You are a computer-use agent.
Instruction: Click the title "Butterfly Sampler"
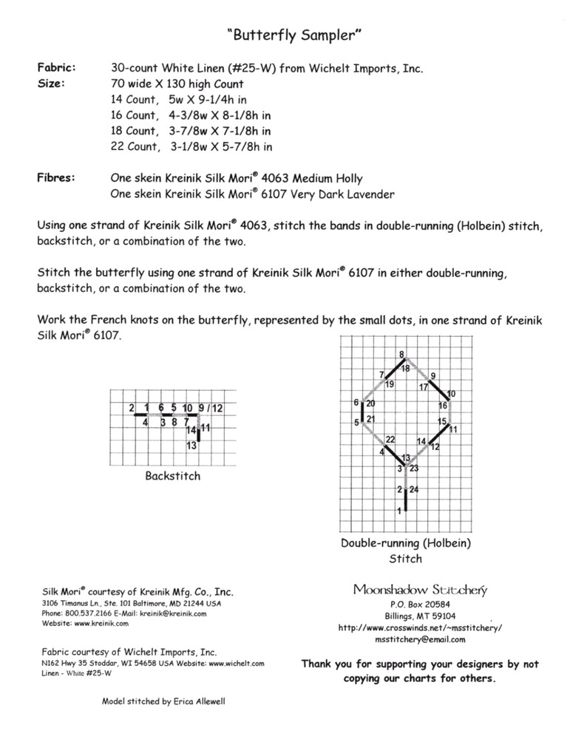click(x=285, y=34)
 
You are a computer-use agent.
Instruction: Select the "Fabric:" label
click(x=55, y=68)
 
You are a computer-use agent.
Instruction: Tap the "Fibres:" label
click(x=55, y=178)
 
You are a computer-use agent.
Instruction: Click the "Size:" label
click(x=50, y=84)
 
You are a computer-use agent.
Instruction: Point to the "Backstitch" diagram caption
click(x=172, y=476)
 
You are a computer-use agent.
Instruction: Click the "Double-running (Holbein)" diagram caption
click(x=405, y=543)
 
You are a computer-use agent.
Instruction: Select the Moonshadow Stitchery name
click(x=419, y=590)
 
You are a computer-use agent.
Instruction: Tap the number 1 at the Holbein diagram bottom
click(x=400, y=510)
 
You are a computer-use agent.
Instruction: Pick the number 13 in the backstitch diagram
click(x=190, y=446)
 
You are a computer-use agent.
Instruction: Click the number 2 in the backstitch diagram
click(x=131, y=408)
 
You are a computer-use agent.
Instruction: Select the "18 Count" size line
click(x=133, y=131)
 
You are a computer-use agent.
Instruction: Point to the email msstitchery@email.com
click(x=420, y=638)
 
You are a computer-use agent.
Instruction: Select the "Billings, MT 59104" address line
click(x=420, y=616)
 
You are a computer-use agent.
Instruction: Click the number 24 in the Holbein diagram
click(x=413, y=490)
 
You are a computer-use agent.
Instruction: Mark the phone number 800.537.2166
click(x=89, y=613)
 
